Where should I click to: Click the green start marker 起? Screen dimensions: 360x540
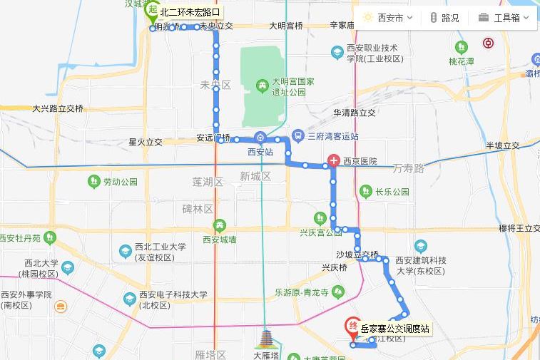[x=151, y=11]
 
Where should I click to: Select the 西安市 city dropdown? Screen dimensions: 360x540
[x=389, y=18]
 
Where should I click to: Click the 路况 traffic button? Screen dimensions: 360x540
[x=444, y=18]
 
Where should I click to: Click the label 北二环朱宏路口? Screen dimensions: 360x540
[x=190, y=12]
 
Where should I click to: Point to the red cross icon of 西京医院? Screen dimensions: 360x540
[x=333, y=161]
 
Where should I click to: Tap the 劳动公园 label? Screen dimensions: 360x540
[x=119, y=182]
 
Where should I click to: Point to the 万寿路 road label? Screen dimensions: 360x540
[x=409, y=168]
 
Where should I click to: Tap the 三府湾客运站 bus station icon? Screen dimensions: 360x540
[x=297, y=136]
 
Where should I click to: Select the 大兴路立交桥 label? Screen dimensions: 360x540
[x=58, y=108]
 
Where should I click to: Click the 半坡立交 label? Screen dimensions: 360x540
[x=503, y=145]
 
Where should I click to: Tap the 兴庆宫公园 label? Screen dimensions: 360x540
[x=321, y=232]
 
